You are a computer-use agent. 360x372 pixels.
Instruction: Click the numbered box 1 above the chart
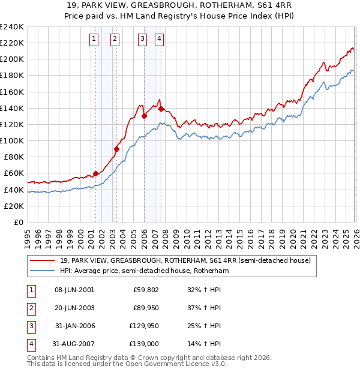[95, 40]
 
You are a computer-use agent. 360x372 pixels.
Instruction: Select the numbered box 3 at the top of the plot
[143, 40]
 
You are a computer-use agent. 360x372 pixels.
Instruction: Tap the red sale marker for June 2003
[117, 149]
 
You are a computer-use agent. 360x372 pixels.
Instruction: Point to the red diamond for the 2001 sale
[95, 173]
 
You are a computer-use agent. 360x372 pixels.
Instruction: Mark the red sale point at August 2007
[161, 109]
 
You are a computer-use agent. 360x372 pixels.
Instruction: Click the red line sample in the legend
[43, 261]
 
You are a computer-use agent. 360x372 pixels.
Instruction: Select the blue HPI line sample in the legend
[43, 271]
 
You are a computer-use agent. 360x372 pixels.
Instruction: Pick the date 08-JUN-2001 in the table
[74, 290]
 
